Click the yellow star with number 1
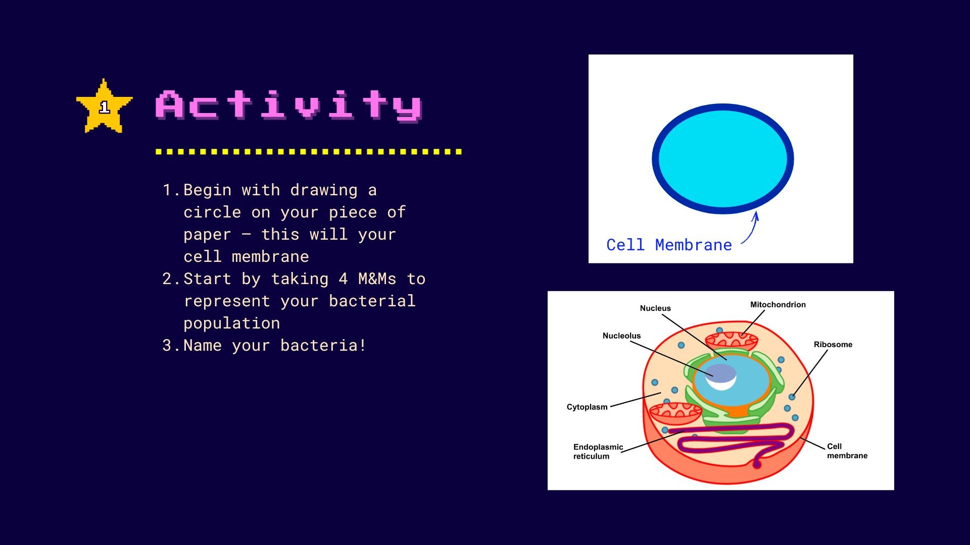(104, 106)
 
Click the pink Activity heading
(288, 106)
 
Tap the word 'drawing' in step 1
(324, 190)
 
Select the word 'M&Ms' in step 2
(377, 279)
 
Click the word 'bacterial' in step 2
(372, 301)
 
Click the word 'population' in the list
(232, 323)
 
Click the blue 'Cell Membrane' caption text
(669, 245)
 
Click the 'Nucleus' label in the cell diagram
(655, 308)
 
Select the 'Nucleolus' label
(621, 336)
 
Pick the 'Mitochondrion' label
(778, 304)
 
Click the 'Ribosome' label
(833, 344)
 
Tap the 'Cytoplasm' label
(587, 407)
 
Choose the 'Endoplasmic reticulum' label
(598, 451)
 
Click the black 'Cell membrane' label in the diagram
(847, 451)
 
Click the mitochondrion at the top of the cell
(732, 340)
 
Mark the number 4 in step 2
(343, 279)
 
